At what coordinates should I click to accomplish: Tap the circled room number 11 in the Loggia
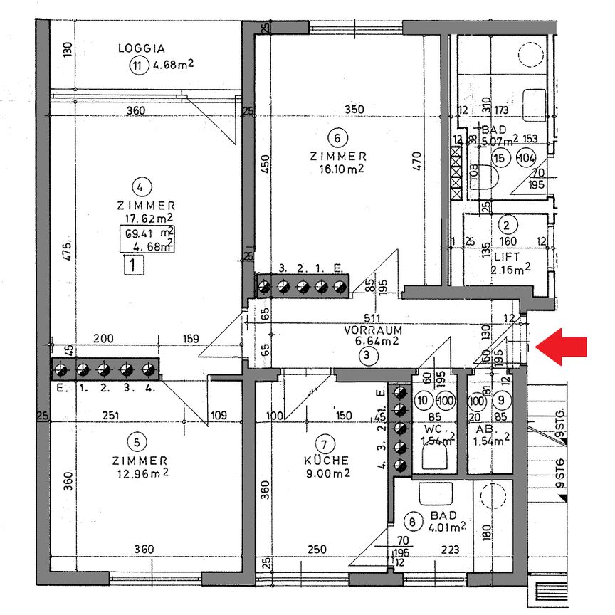[x=137, y=67]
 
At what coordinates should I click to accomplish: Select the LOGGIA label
[x=142, y=49]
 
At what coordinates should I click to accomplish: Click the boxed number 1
[x=134, y=266]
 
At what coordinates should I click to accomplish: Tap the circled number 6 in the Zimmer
[x=338, y=137]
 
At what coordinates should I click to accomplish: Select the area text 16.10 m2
[x=338, y=169]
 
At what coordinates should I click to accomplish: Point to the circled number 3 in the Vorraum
[x=365, y=357]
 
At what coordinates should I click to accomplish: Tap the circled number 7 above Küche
[x=324, y=442]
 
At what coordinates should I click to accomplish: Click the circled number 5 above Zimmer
[x=142, y=441]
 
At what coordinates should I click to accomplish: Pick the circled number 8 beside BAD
[x=411, y=521]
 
